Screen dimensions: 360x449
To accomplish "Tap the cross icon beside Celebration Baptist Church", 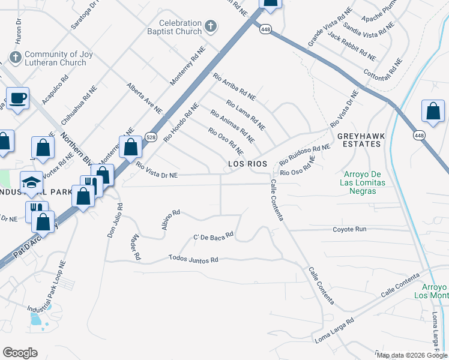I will coord(210,26).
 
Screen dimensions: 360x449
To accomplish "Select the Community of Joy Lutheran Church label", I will coord(55,58).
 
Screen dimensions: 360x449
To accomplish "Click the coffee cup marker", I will coord(17,98).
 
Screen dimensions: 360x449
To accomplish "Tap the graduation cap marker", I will coord(32,182).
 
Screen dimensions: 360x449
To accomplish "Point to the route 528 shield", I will coord(151,136).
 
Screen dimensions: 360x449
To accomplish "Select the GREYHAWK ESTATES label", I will coord(360,140).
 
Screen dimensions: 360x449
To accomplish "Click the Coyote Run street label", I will coord(349,229).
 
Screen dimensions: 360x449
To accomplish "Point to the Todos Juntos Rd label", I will coord(193,259).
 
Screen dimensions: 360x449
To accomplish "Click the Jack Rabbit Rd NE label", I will coord(352,48).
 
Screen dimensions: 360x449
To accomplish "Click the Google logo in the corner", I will coord(20,353).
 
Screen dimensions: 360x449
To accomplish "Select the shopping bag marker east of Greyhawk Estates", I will coord(433,112).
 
